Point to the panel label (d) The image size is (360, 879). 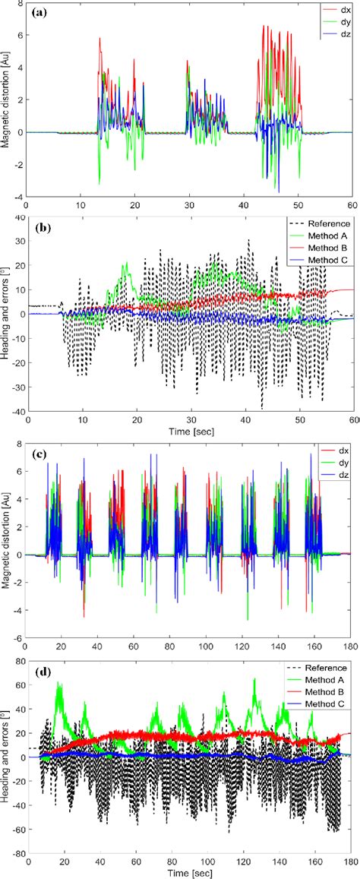click(x=39, y=670)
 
